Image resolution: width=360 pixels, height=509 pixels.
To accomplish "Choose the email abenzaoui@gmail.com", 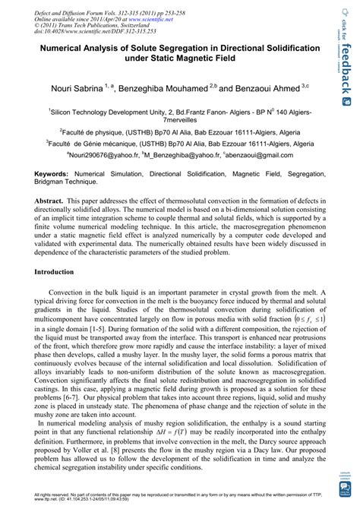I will click(255, 153).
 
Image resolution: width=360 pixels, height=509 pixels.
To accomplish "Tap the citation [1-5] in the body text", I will click(97, 327).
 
